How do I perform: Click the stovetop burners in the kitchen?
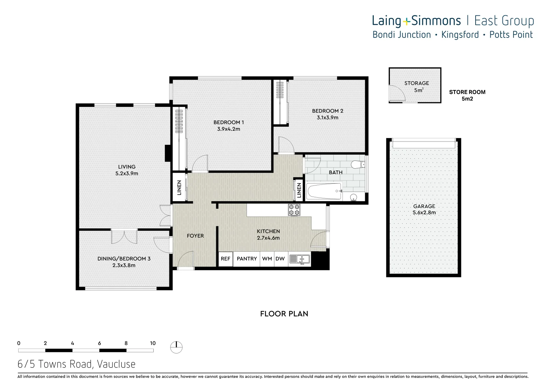pos(294,210)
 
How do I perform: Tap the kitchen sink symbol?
pos(299,259)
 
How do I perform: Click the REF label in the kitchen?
pos(225,259)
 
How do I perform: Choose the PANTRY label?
pos(247,259)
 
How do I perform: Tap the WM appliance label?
pos(267,259)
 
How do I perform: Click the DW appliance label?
pos(280,259)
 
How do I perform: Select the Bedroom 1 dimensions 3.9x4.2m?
pos(229,129)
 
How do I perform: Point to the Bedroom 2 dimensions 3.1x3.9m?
pos(327,118)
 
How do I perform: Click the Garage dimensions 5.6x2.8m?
pos(424,213)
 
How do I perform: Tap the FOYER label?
pos(195,236)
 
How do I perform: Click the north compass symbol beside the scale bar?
pos(176,347)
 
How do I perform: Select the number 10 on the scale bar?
pos(153,343)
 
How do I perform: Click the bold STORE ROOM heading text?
pos(467,92)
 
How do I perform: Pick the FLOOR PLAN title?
pos(284,314)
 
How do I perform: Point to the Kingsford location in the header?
pos(460,35)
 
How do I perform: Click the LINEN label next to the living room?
pos(179,188)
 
